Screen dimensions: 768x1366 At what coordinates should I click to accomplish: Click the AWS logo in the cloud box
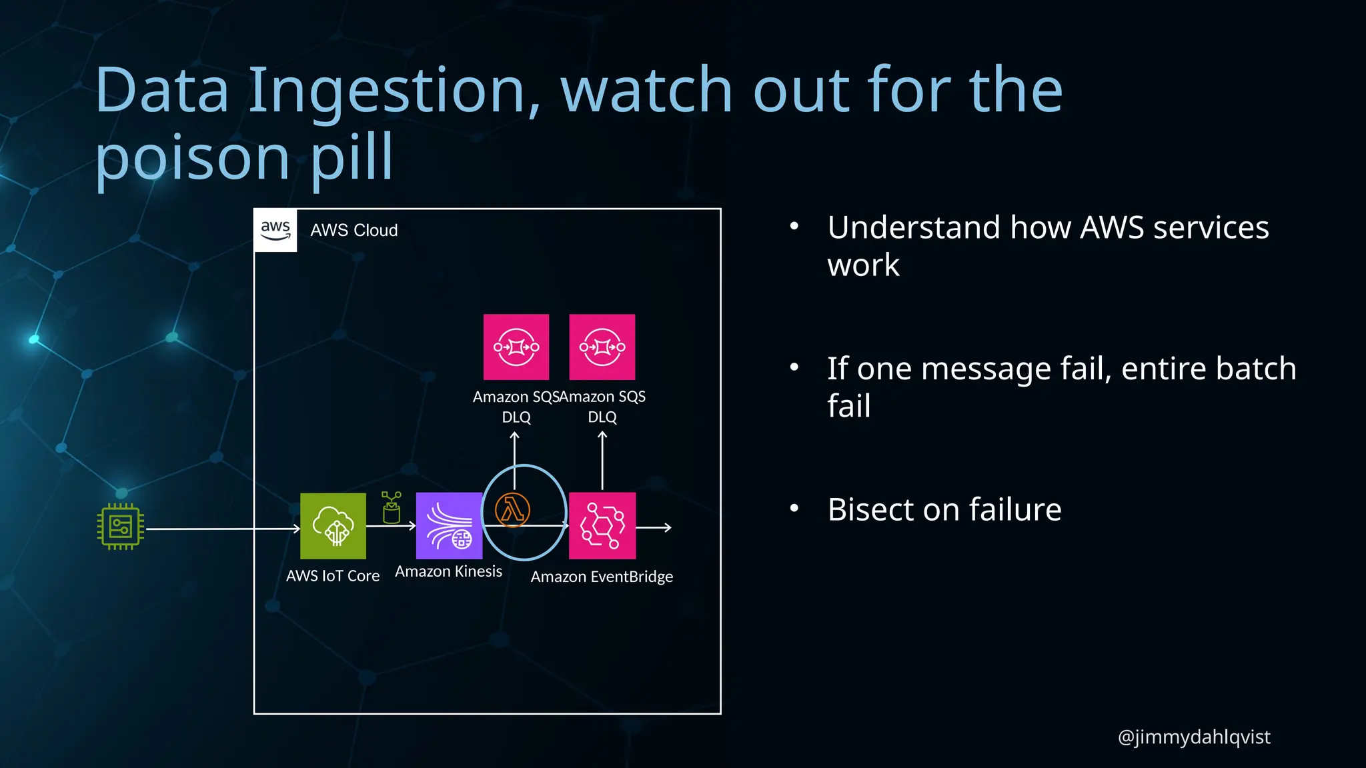point(275,230)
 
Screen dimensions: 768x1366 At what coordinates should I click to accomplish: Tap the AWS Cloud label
point(354,231)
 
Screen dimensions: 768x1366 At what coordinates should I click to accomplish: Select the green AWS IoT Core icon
point(333,526)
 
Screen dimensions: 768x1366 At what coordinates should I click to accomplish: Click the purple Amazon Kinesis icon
point(449,526)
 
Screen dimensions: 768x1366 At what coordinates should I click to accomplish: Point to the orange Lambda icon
point(512,511)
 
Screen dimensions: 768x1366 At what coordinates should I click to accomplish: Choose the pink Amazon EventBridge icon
point(602,526)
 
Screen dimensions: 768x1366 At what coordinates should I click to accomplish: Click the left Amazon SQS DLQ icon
point(516,347)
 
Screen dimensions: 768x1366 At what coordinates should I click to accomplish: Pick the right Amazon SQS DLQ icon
point(602,347)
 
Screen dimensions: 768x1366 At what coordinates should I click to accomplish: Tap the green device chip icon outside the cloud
point(121,527)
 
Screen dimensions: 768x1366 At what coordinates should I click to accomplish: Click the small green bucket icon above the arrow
point(392,508)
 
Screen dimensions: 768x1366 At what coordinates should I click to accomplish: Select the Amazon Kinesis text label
point(448,571)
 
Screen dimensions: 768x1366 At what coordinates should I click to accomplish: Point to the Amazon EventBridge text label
point(602,577)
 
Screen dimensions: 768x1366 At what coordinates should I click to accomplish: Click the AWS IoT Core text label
point(333,576)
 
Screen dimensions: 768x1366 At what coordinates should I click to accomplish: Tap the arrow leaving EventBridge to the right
point(654,527)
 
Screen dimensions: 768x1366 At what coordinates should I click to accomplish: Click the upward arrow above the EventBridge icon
point(602,460)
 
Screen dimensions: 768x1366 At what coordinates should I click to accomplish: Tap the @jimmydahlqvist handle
point(1194,737)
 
